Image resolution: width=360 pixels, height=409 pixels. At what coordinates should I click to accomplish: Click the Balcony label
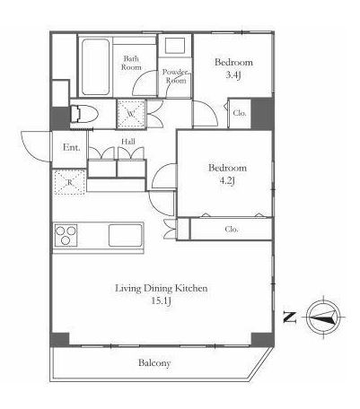154,363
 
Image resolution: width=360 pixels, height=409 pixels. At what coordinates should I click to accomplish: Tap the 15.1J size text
161,300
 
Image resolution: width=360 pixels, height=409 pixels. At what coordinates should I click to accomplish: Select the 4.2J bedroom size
227,180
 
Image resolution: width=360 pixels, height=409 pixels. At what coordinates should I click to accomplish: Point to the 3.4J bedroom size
233,74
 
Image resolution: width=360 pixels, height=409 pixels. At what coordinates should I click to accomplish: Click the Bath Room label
131,63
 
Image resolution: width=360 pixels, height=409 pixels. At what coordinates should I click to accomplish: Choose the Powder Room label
176,76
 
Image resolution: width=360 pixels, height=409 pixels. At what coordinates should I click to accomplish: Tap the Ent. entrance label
72,147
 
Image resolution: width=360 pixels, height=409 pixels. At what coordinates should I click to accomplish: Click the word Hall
128,142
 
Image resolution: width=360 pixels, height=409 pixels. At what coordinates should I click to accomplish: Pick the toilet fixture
84,114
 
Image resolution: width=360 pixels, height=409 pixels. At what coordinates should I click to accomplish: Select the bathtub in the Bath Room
95,67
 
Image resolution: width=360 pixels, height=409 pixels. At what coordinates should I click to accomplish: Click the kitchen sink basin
125,235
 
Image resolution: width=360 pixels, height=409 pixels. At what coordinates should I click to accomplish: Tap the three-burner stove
66,236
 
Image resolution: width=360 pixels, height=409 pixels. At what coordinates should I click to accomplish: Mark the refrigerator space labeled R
70,182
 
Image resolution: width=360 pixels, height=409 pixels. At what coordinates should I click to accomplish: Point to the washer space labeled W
131,114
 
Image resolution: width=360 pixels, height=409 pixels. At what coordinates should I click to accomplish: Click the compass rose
324,317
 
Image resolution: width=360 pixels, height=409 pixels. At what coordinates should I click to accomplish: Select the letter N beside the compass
290,318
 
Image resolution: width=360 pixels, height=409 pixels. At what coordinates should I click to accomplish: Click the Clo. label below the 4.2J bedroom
232,230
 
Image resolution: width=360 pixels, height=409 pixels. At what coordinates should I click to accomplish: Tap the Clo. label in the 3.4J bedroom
240,113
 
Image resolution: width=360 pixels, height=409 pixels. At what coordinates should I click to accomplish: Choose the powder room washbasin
175,46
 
